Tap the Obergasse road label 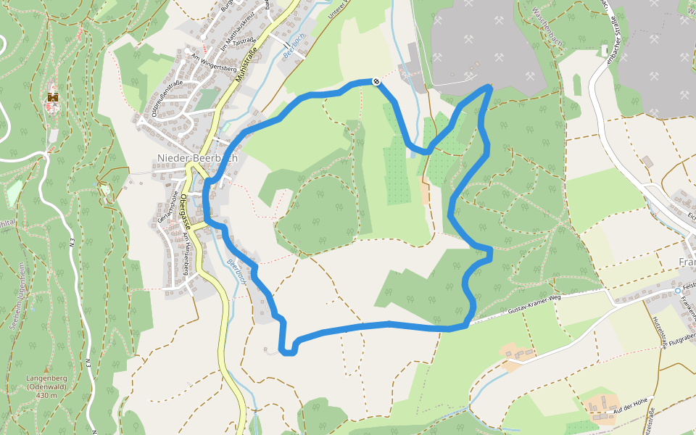[186, 211]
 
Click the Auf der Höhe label [629, 405]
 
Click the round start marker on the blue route [376, 81]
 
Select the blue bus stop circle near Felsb [678, 291]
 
